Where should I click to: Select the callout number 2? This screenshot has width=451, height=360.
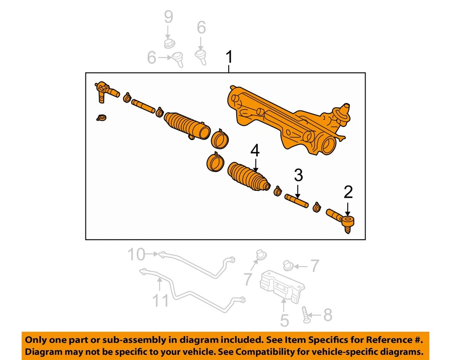pyautogui.click(x=348, y=192)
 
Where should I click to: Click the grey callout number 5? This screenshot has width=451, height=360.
pyautogui.click(x=285, y=321)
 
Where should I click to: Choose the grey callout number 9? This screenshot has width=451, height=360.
pyautogui.click(x=168, y=17)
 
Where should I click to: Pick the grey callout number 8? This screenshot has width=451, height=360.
pyautogui.click(x=327, y=315)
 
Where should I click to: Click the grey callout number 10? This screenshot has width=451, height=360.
pyautogui.click(x=137, y=255)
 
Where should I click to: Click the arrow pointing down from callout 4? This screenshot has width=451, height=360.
pyautogui.click(x=255, y=164)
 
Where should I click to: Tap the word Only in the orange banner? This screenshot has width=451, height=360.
pyautogui.click(x=36, y=340)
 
